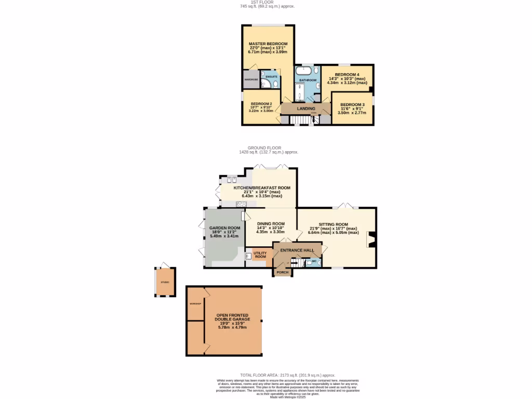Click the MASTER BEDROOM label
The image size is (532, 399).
point(268,44)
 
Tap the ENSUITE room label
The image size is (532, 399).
point(271,77)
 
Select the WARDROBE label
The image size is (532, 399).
point(251,79)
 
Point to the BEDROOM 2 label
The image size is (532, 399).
point(261,103)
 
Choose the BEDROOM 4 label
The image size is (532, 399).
point(347,74)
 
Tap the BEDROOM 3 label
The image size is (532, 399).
point(352,104)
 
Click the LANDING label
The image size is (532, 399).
point(306,109)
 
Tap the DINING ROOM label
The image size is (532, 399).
point(271,223)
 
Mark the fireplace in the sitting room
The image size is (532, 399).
point(371,239)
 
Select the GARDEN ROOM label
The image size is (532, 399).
point(224,228)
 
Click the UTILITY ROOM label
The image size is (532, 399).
point(260,255)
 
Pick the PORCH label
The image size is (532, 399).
point(283,272)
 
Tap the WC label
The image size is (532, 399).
point(314,261)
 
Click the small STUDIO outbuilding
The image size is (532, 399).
point(165,282)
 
